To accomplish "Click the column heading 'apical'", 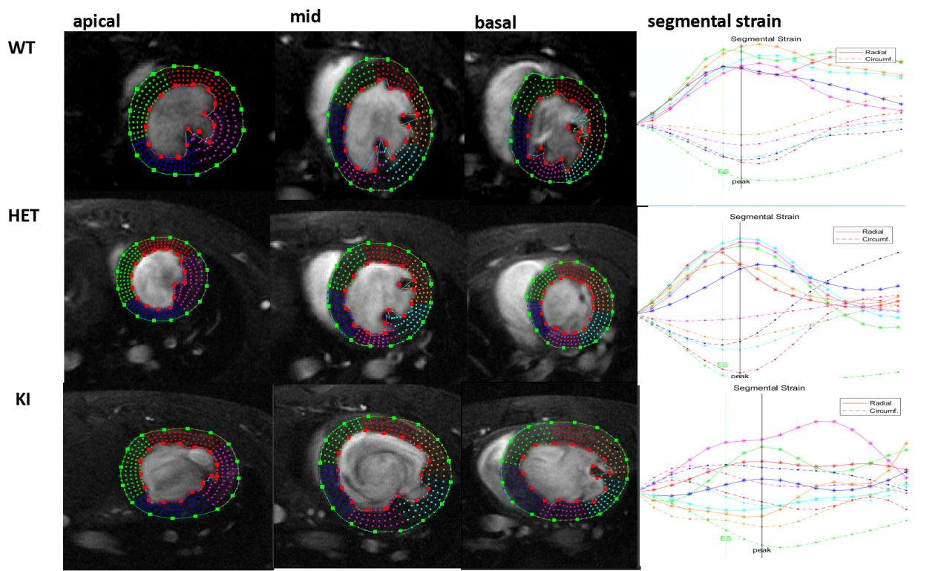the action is (x=96, y=21).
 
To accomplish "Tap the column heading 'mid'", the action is (x=305, y=16).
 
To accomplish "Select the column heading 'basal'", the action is (x=495, y=22).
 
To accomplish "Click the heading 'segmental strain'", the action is (x=714, y=21).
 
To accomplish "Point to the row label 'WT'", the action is (x=22, y=48).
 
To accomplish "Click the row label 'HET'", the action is (x=24, y=215).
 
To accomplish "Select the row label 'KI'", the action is (x=23, y=399).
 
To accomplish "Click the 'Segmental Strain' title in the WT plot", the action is (x=766, y=39).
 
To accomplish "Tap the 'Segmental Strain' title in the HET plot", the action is (x=764, y=217).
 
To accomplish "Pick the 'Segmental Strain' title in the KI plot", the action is (x=769, y=388).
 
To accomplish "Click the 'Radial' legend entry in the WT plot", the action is (x=876, y=52).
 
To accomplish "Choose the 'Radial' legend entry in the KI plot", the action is (x=880, y=402).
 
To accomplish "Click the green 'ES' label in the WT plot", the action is (x=723, y=172).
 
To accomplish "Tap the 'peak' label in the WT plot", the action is (x=741, y=182).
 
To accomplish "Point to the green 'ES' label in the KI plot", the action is (x=726, y=538).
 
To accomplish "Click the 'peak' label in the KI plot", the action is (x=761, y=550).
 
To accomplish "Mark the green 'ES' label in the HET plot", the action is (x=722, y=365).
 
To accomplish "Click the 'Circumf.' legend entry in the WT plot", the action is (x=879, y=59).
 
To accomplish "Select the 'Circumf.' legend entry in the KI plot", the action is (x=883, y=411).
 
